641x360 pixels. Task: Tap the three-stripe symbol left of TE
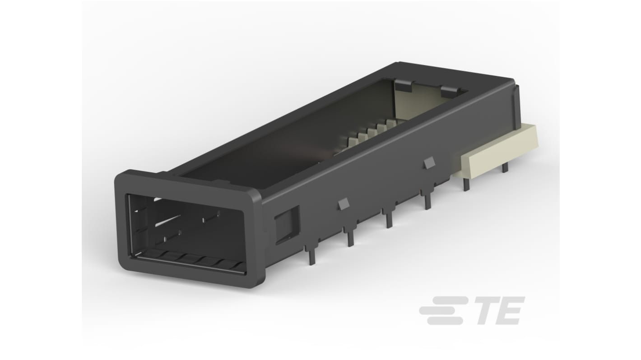[x=442, y=310]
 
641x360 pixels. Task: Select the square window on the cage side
[x=287, y=224]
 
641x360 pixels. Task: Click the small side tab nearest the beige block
[x=429, y=163]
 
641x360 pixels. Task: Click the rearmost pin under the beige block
[x=505, y=166]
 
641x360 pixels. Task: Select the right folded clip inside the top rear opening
[x=449, y=90]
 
